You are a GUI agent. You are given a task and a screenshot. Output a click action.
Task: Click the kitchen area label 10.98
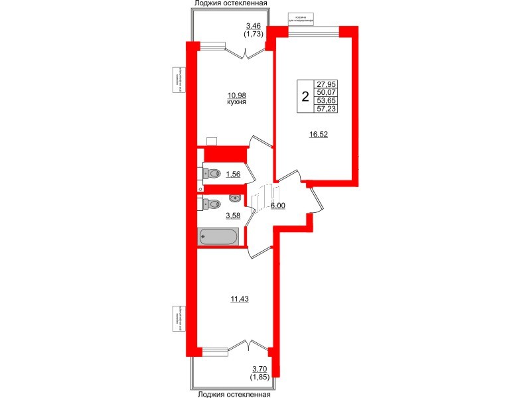[236, 96]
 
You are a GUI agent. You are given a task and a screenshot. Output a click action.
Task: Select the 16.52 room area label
[319, 134]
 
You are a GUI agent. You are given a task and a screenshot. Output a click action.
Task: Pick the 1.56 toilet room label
[233, 174]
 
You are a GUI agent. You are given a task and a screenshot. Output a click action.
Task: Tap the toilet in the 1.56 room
[212, 173]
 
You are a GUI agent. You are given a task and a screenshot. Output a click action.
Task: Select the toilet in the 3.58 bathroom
[212, 204]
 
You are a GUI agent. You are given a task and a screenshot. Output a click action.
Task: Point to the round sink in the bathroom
[235, 198]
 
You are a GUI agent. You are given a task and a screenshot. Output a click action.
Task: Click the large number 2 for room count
[305, 97]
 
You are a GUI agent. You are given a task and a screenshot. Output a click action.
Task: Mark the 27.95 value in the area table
[327, 84]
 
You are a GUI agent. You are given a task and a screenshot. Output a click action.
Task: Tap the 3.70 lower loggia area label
[260, 369]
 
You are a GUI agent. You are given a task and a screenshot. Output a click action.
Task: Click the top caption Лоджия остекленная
[230, 4]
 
